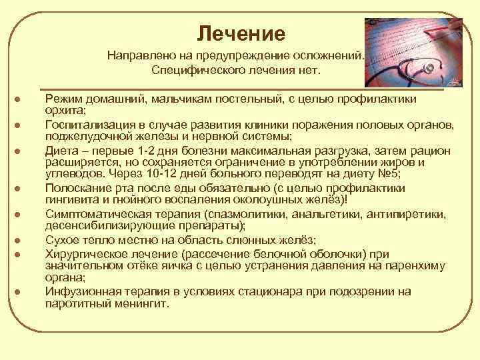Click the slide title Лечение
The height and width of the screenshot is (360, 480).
click(241, 33)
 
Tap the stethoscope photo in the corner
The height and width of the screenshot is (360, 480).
click(414, 53)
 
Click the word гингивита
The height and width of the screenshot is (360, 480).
click(73, 201)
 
